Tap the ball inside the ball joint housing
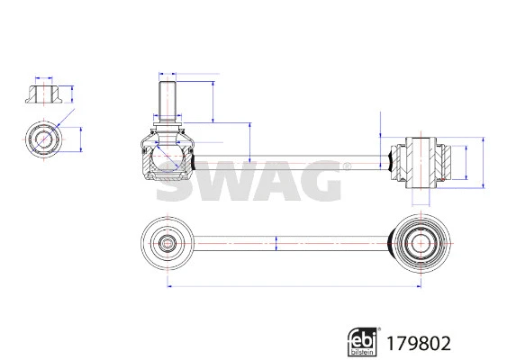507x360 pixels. click(168, 157)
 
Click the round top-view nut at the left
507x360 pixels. click(43, 139)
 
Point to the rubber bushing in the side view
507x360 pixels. click(421, 161)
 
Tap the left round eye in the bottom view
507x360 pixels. click(168, 242)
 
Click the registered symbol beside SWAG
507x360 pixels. click(347, 166)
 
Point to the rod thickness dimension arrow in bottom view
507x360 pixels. click(276, 242)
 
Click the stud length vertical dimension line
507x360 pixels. click(213, 102)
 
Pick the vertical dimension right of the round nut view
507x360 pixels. click(81, 139)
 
